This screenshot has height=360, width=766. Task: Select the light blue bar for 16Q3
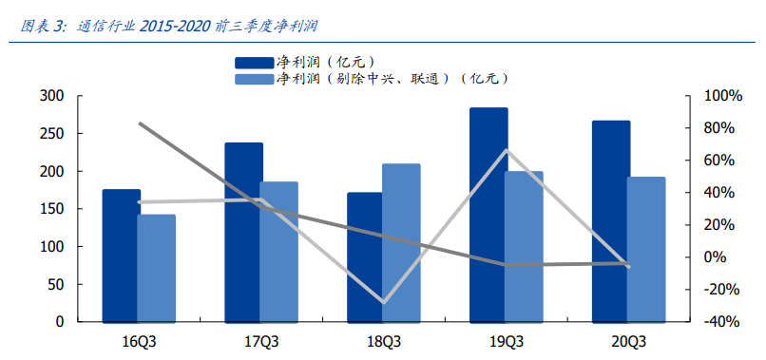(156, 268)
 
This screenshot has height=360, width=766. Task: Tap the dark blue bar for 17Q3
(243, 232)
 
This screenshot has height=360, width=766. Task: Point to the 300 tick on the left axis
(52, 96)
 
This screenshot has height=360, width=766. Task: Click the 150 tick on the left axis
(52, 209)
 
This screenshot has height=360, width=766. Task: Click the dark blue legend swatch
(256, 63)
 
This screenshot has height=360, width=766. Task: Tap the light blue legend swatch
(256, 79)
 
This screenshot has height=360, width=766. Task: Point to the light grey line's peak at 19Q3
(507, 150)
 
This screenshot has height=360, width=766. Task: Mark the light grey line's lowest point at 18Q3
(383, 302)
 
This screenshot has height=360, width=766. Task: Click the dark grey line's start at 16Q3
(139, 123)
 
